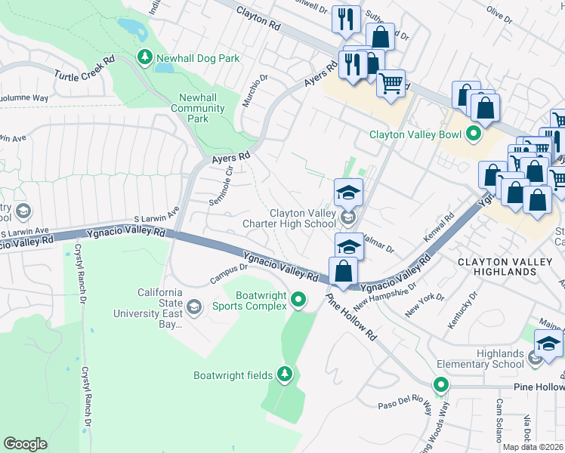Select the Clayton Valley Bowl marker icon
tap(474, 135)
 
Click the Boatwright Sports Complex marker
tap(298, 300)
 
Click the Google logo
tap(25, 444)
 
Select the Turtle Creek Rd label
tap(84, 68)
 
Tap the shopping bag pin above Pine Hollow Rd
tap(344, 271)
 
